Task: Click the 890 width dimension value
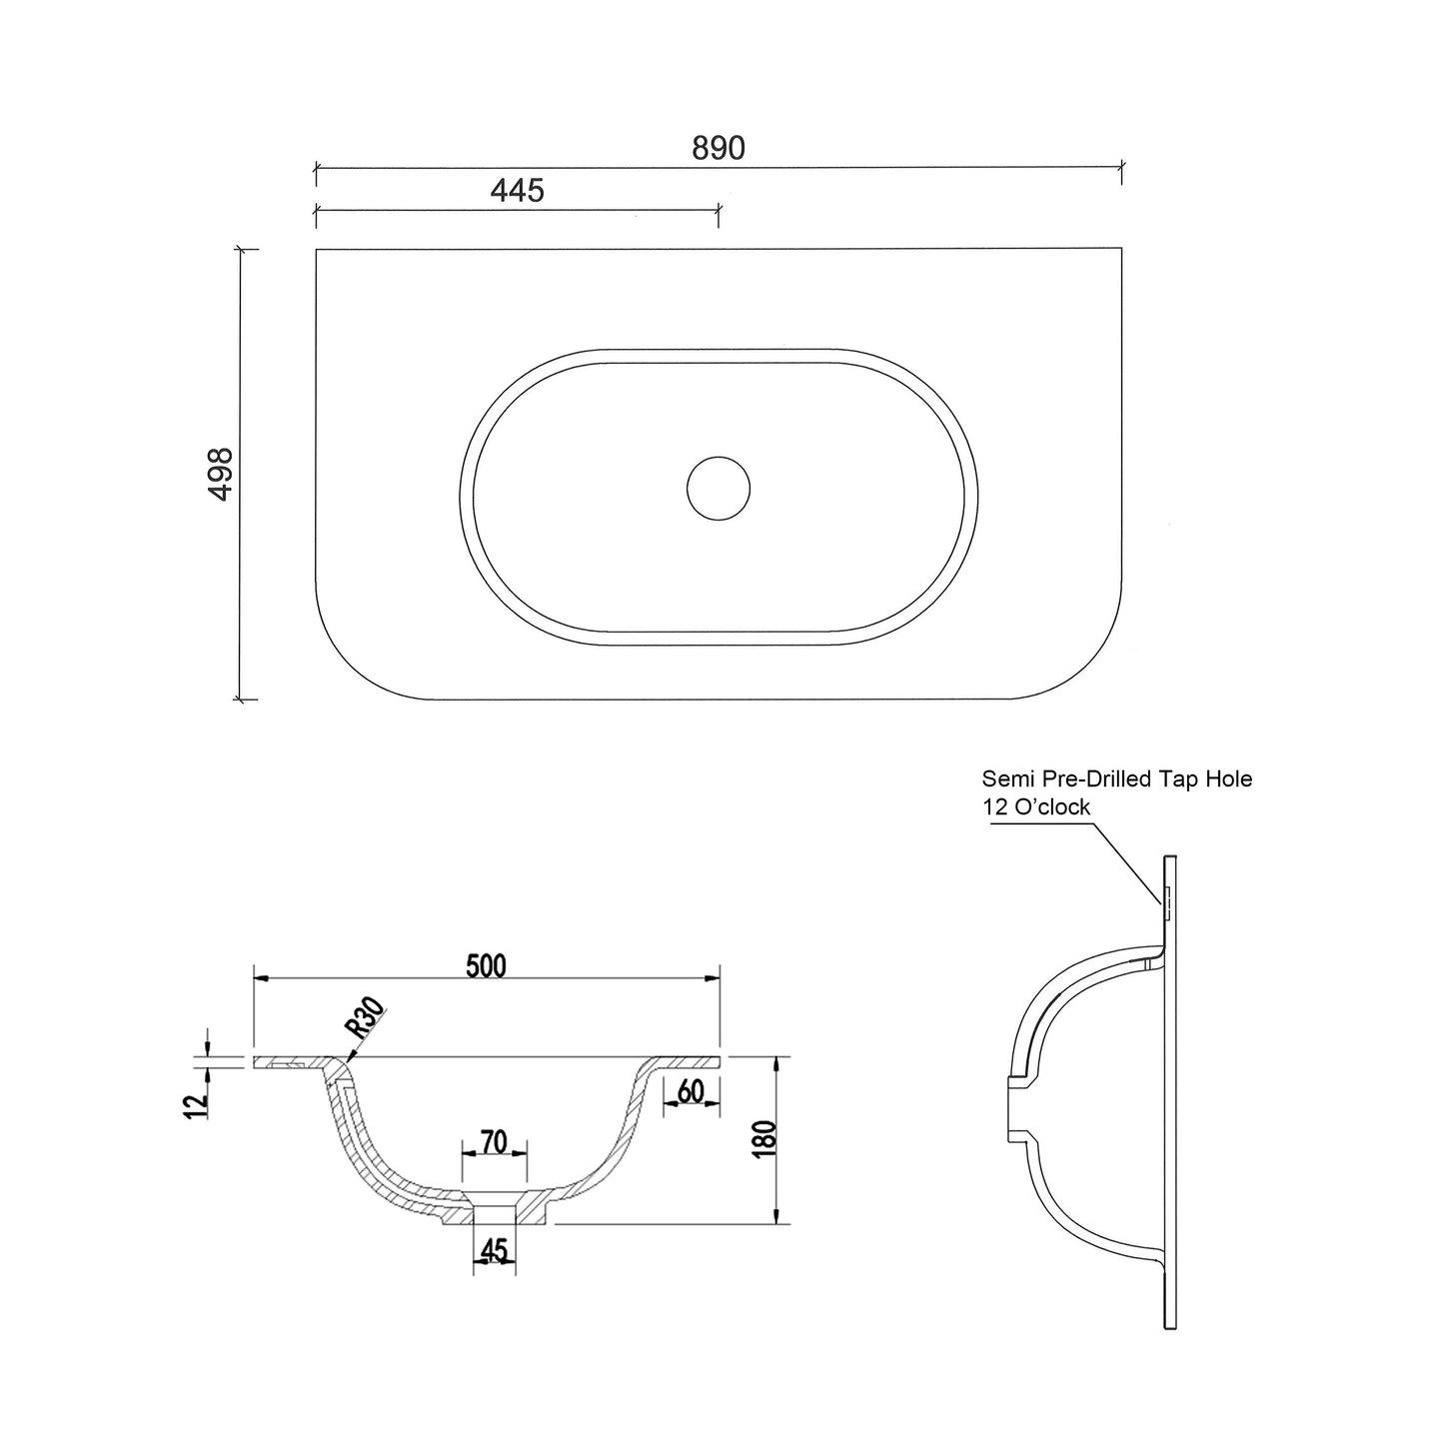pyautogui.click(x=719, y=149)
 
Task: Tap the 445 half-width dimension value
pyautogui.click(x=517, y=191)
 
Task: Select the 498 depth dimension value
pyautogui.click(x=222, y=474)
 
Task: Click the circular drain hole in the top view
pyautogui.click(x=719, y=489)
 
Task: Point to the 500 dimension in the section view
pyautogui.click(x=486, y=966)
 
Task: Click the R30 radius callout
pyautogui.click(x=365, y=1016)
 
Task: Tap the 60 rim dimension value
pyautogui.click(x=691, y=1091)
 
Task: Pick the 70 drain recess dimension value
pyautogui.click(x=494, y=1142)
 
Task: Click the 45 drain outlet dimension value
pyautogui.click(x=494, y=1251)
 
